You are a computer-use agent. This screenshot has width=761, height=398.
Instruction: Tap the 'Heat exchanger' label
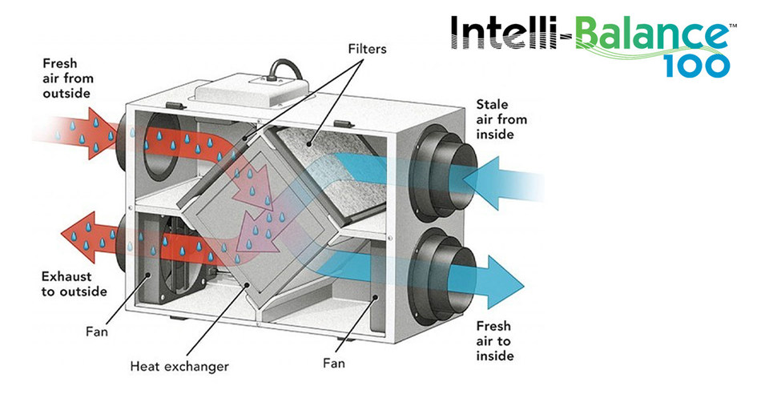click(179, 367)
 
